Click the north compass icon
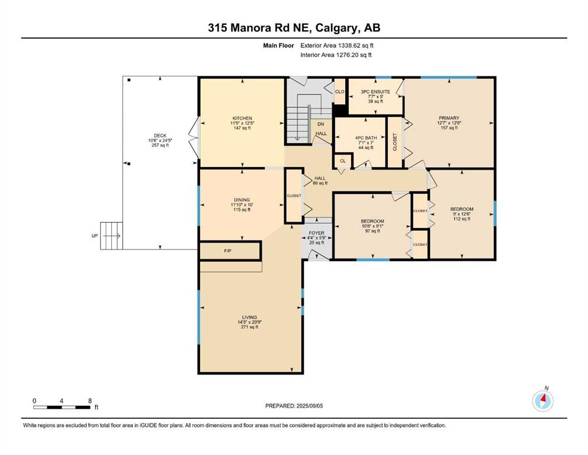542,400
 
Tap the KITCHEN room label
242,118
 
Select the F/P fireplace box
230,251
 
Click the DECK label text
160,136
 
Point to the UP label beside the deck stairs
95,236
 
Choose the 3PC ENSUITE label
375,91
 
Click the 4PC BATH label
366,137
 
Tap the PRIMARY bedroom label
449,118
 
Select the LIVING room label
249,317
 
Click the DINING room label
242,200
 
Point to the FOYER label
316,233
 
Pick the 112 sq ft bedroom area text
462,219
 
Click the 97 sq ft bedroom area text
372,231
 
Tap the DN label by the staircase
320,124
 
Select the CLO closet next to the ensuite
340,91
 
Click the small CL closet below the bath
343,161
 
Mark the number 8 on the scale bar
90,400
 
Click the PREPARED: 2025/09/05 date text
294,406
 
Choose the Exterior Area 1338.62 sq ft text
337,46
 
